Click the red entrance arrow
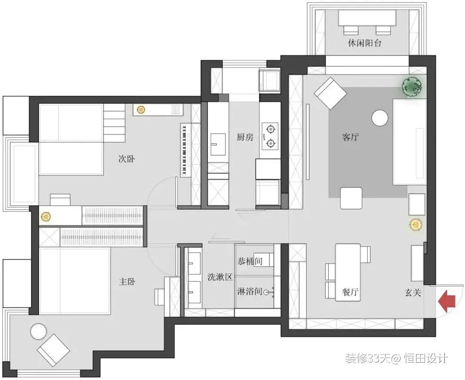[x=447, y=301]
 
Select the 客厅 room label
[x=350, y=137]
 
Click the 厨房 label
[x=245, y=137]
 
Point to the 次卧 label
[x=126, y=159]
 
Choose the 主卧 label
[x=127, y=281]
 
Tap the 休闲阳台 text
[x=364, y=43]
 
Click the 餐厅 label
[x=350, y=292]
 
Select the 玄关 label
[x=413, y=293]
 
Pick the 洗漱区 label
[x=220, y=277]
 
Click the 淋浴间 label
[x=250, y=291]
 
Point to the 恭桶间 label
[x=250, y=261]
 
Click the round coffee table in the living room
[x=380, y=118]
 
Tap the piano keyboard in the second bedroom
[x=185, y=150]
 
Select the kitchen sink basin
[x=218, y=144]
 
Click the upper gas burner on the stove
[x=270, y=129]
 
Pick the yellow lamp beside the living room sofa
[x=416, y=225]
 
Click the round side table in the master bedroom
[x=38, y=332]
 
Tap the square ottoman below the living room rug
[x=351, y=198]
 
